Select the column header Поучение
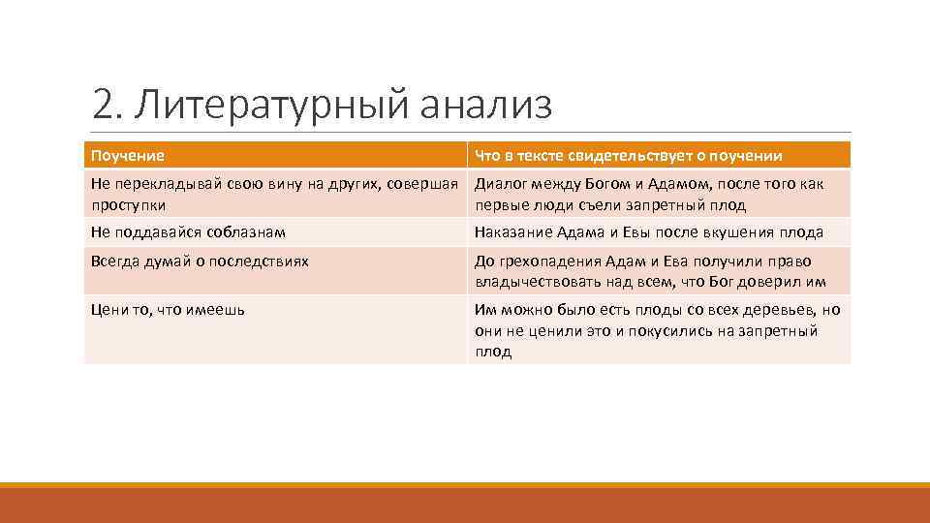click(x=127, y=156)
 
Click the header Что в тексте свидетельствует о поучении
click(x=628, y=156)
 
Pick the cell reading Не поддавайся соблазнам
click(x=188, y=232)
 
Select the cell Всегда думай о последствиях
click(x=200, y=261)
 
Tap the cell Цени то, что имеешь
click(x=168, y=310)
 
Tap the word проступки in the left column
click(x=128, y=205)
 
